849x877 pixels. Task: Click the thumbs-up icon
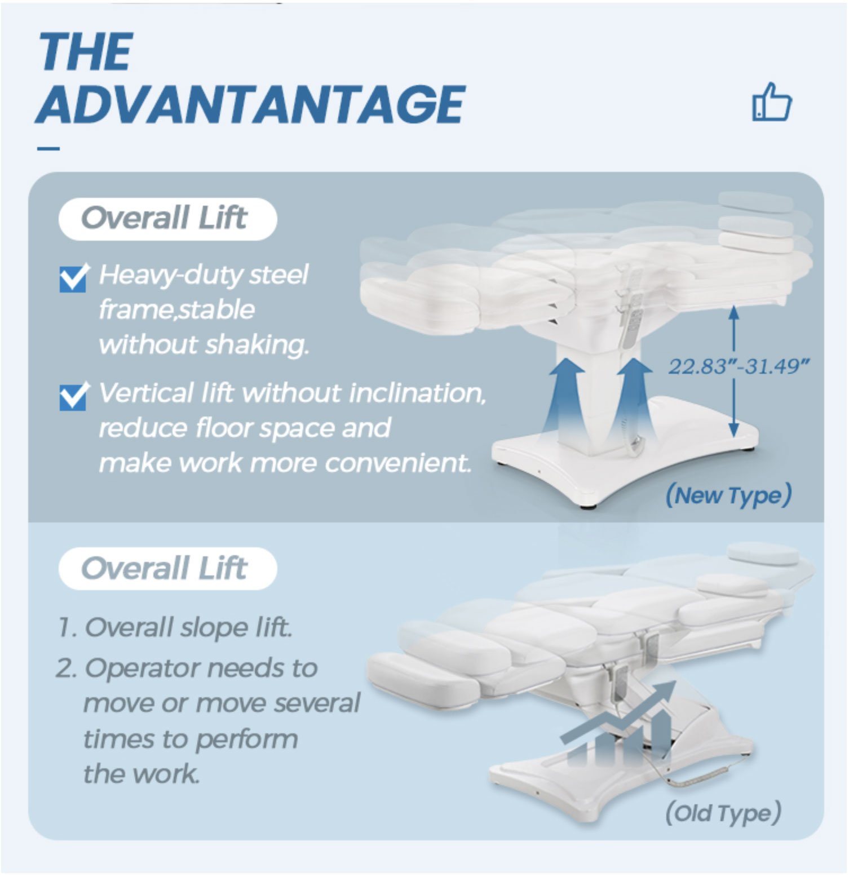772,102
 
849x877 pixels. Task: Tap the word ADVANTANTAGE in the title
250,104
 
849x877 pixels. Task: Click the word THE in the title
86,51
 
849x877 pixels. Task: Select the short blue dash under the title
48,149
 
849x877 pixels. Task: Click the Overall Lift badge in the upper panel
167,219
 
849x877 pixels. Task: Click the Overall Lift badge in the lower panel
167,568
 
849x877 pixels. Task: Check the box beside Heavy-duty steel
73,278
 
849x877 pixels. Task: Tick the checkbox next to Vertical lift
73,396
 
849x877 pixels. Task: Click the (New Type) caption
728,495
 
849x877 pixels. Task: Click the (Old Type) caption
723,813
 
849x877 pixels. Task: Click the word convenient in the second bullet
397,463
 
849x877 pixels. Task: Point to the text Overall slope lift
189,628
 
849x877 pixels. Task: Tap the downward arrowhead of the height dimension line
733,430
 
